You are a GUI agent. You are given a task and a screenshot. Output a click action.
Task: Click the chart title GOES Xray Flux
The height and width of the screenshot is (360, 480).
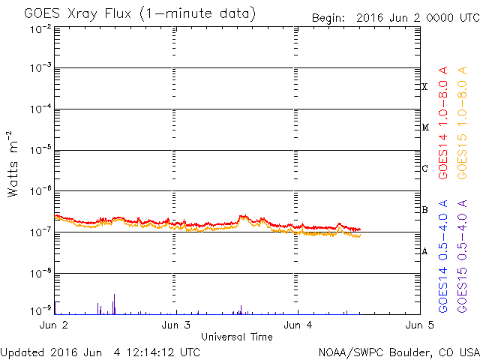click(78, 13)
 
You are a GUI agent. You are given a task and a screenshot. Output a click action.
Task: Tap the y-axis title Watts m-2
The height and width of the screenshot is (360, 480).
click(12, 164)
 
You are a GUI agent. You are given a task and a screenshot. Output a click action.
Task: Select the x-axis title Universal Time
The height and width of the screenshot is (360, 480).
click(237, 337)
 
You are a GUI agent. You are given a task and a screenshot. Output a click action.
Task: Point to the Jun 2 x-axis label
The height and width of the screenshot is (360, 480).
click(54, 325)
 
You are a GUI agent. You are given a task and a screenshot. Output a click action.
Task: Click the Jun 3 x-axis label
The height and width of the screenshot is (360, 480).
click(175, 325)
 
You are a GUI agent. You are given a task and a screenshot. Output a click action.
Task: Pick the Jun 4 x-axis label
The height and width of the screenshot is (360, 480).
click(298, 325)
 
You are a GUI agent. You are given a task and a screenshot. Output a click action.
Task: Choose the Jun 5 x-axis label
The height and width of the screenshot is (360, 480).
click(420, 325)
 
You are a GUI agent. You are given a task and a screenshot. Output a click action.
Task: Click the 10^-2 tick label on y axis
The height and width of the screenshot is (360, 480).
click(40, 29)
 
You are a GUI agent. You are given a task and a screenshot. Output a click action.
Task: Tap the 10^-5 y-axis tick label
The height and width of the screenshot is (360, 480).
click(40, 150)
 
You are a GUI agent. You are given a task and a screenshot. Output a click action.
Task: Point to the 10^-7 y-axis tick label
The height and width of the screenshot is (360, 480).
click(40, 232)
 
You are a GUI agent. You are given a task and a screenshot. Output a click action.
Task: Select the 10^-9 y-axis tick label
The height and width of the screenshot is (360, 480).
click(40, 311)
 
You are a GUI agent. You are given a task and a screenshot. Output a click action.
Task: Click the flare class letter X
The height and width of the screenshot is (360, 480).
click(424, 87)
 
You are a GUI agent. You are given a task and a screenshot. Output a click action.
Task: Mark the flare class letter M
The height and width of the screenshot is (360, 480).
click(425, 127)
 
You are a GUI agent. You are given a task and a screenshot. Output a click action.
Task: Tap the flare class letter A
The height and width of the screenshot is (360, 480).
click(424, 251)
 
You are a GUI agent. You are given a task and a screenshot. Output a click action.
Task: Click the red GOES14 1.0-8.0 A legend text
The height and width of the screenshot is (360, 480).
click(443, 123)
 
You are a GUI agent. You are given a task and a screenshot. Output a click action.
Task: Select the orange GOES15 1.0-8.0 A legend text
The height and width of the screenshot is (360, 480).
click(462, 123)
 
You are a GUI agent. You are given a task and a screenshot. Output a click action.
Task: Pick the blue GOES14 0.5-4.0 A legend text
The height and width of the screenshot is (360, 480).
click(443, 256)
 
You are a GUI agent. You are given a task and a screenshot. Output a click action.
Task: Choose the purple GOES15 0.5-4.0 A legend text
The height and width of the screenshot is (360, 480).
click(462, 256)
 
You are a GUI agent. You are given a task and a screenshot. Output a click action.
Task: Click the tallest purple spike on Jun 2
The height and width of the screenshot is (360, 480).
click(114, 304)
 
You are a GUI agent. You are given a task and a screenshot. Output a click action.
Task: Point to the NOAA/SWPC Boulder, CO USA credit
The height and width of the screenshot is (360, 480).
click(399, 352)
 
